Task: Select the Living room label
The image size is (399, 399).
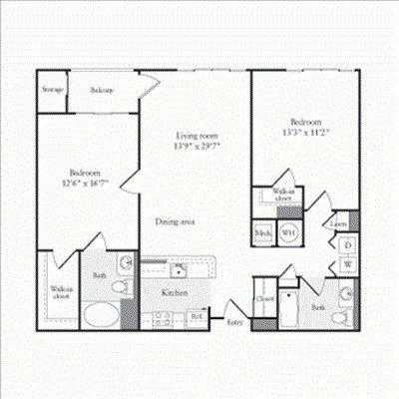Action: [x=197, y=135]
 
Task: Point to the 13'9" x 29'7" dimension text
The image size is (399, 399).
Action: [x=197, y=146]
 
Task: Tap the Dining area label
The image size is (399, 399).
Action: [x=175, y=221]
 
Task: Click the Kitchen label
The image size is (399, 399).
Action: [x=176, y=293]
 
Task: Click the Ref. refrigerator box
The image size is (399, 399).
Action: [x=196, y=318]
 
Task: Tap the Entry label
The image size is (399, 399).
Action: [x=235, y=323]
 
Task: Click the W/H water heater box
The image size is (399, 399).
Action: [x=287, y=232]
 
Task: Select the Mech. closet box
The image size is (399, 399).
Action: [x=263, y=233]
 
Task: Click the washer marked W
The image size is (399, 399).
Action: [x=347, y=263]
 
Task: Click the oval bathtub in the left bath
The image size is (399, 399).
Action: [x=98, y=318]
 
